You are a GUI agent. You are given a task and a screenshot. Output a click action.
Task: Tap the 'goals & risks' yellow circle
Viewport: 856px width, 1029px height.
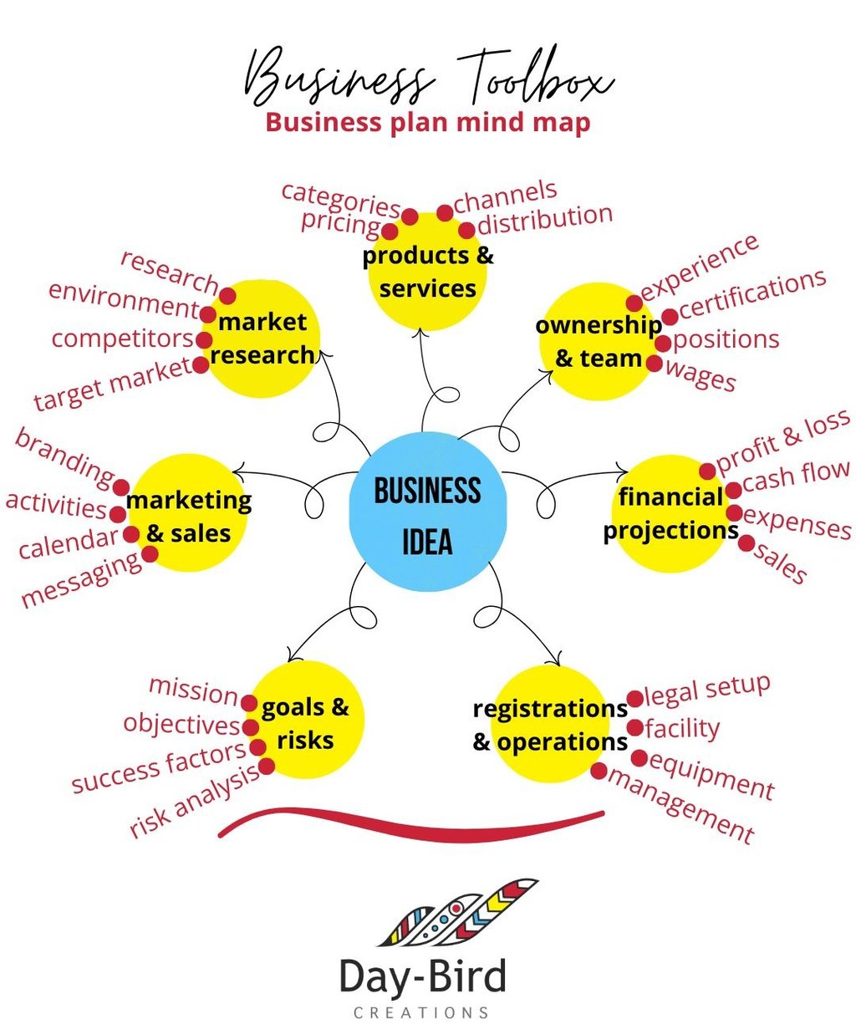(x=306, y=721)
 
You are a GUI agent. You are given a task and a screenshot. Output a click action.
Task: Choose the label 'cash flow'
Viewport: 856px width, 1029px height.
(x=796, y=476)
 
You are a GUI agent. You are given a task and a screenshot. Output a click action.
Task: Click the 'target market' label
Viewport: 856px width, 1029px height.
(x=112, y=384)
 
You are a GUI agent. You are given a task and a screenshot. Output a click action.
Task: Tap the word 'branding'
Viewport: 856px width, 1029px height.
(x=65, y=456)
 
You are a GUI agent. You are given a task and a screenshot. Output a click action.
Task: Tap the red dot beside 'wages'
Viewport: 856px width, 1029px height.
(x=655, y=364)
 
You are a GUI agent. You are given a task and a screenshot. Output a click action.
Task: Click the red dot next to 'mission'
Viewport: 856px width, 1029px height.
(x=249, y=702)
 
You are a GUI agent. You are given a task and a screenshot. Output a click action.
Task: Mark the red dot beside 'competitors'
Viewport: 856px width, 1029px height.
(x=203, y=340)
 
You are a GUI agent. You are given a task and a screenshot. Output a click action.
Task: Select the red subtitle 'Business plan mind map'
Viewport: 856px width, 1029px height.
(x=427, y=122)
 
